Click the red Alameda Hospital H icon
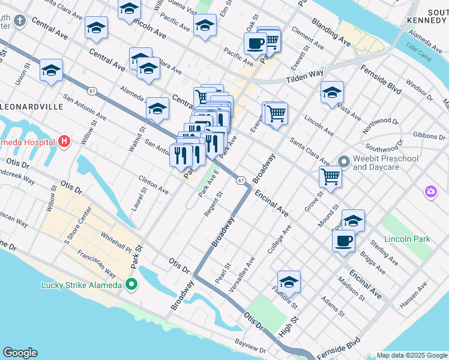(x=65, y=142)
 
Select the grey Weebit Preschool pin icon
(x=344, y=161)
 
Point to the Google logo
(x=20, y=353)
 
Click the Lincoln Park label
(x=407, y=239)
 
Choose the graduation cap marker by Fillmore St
(x=289, y=282)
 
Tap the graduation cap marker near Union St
(x=52, y=71)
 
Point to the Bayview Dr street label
(x=250, y=349)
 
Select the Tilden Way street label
(x=304, y=76)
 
